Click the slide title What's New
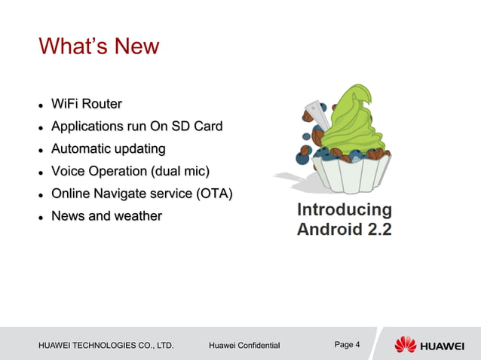[99, 47]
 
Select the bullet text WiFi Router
[86, 103]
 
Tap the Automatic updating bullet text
[108, 148]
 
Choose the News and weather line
[106, 216]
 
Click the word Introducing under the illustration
[345, 209]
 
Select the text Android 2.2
[345, 229]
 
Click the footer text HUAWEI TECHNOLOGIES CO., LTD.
[106, 346]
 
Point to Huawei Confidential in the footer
[244, 346]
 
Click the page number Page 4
[347, 345]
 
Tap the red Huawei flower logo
[406, 344]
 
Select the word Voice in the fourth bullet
[68, 171]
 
